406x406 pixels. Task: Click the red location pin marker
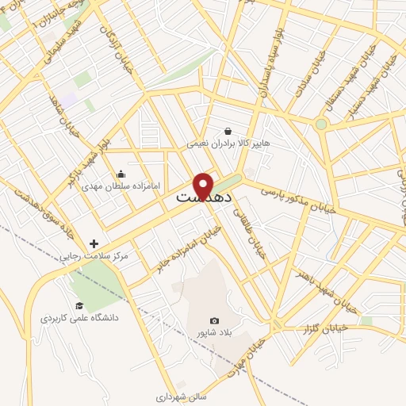[204, 186]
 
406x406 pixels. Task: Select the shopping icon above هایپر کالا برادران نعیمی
[228, 132]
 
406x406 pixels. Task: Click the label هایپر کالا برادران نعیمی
[228, 145]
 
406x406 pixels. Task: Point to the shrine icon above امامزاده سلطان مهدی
[121, 174]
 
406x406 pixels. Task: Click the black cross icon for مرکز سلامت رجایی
[94, 243]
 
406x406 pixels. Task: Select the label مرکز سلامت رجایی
[94, 256]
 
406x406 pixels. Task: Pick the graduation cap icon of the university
[79, 305]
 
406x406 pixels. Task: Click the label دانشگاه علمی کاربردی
[79, 317]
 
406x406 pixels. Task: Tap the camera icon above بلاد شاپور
[213, 320]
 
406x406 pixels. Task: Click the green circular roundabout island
[320, 124]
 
